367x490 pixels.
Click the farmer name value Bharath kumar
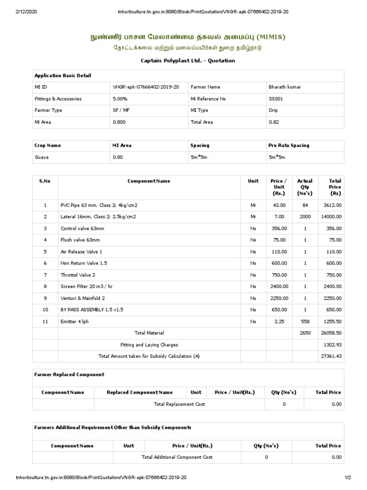[x=285, y=87]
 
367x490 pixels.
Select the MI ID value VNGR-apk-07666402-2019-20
[x=146, y=87]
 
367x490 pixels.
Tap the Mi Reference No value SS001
[x=277, y=99]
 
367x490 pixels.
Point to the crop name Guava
[x=42, y=157]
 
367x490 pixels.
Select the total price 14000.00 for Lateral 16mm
[x=330, y=217]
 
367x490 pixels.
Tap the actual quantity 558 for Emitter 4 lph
[x=305, y=321]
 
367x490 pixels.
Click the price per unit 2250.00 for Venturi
[x=279, y=298]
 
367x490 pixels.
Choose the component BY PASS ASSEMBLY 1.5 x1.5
[x=92, y=310]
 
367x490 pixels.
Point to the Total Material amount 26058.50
[x=330, y=333]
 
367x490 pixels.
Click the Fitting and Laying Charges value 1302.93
[x=332, y=345]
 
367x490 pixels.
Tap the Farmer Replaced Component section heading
[x=69, y=374]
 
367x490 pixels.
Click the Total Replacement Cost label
[x=179, y=404]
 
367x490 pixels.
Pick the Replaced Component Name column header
[x=140, y=392]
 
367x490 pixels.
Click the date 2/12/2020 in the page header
[x=27, y=11]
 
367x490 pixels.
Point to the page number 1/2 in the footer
[x=347, y=478]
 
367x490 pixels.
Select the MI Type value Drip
[x=274, y=110]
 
